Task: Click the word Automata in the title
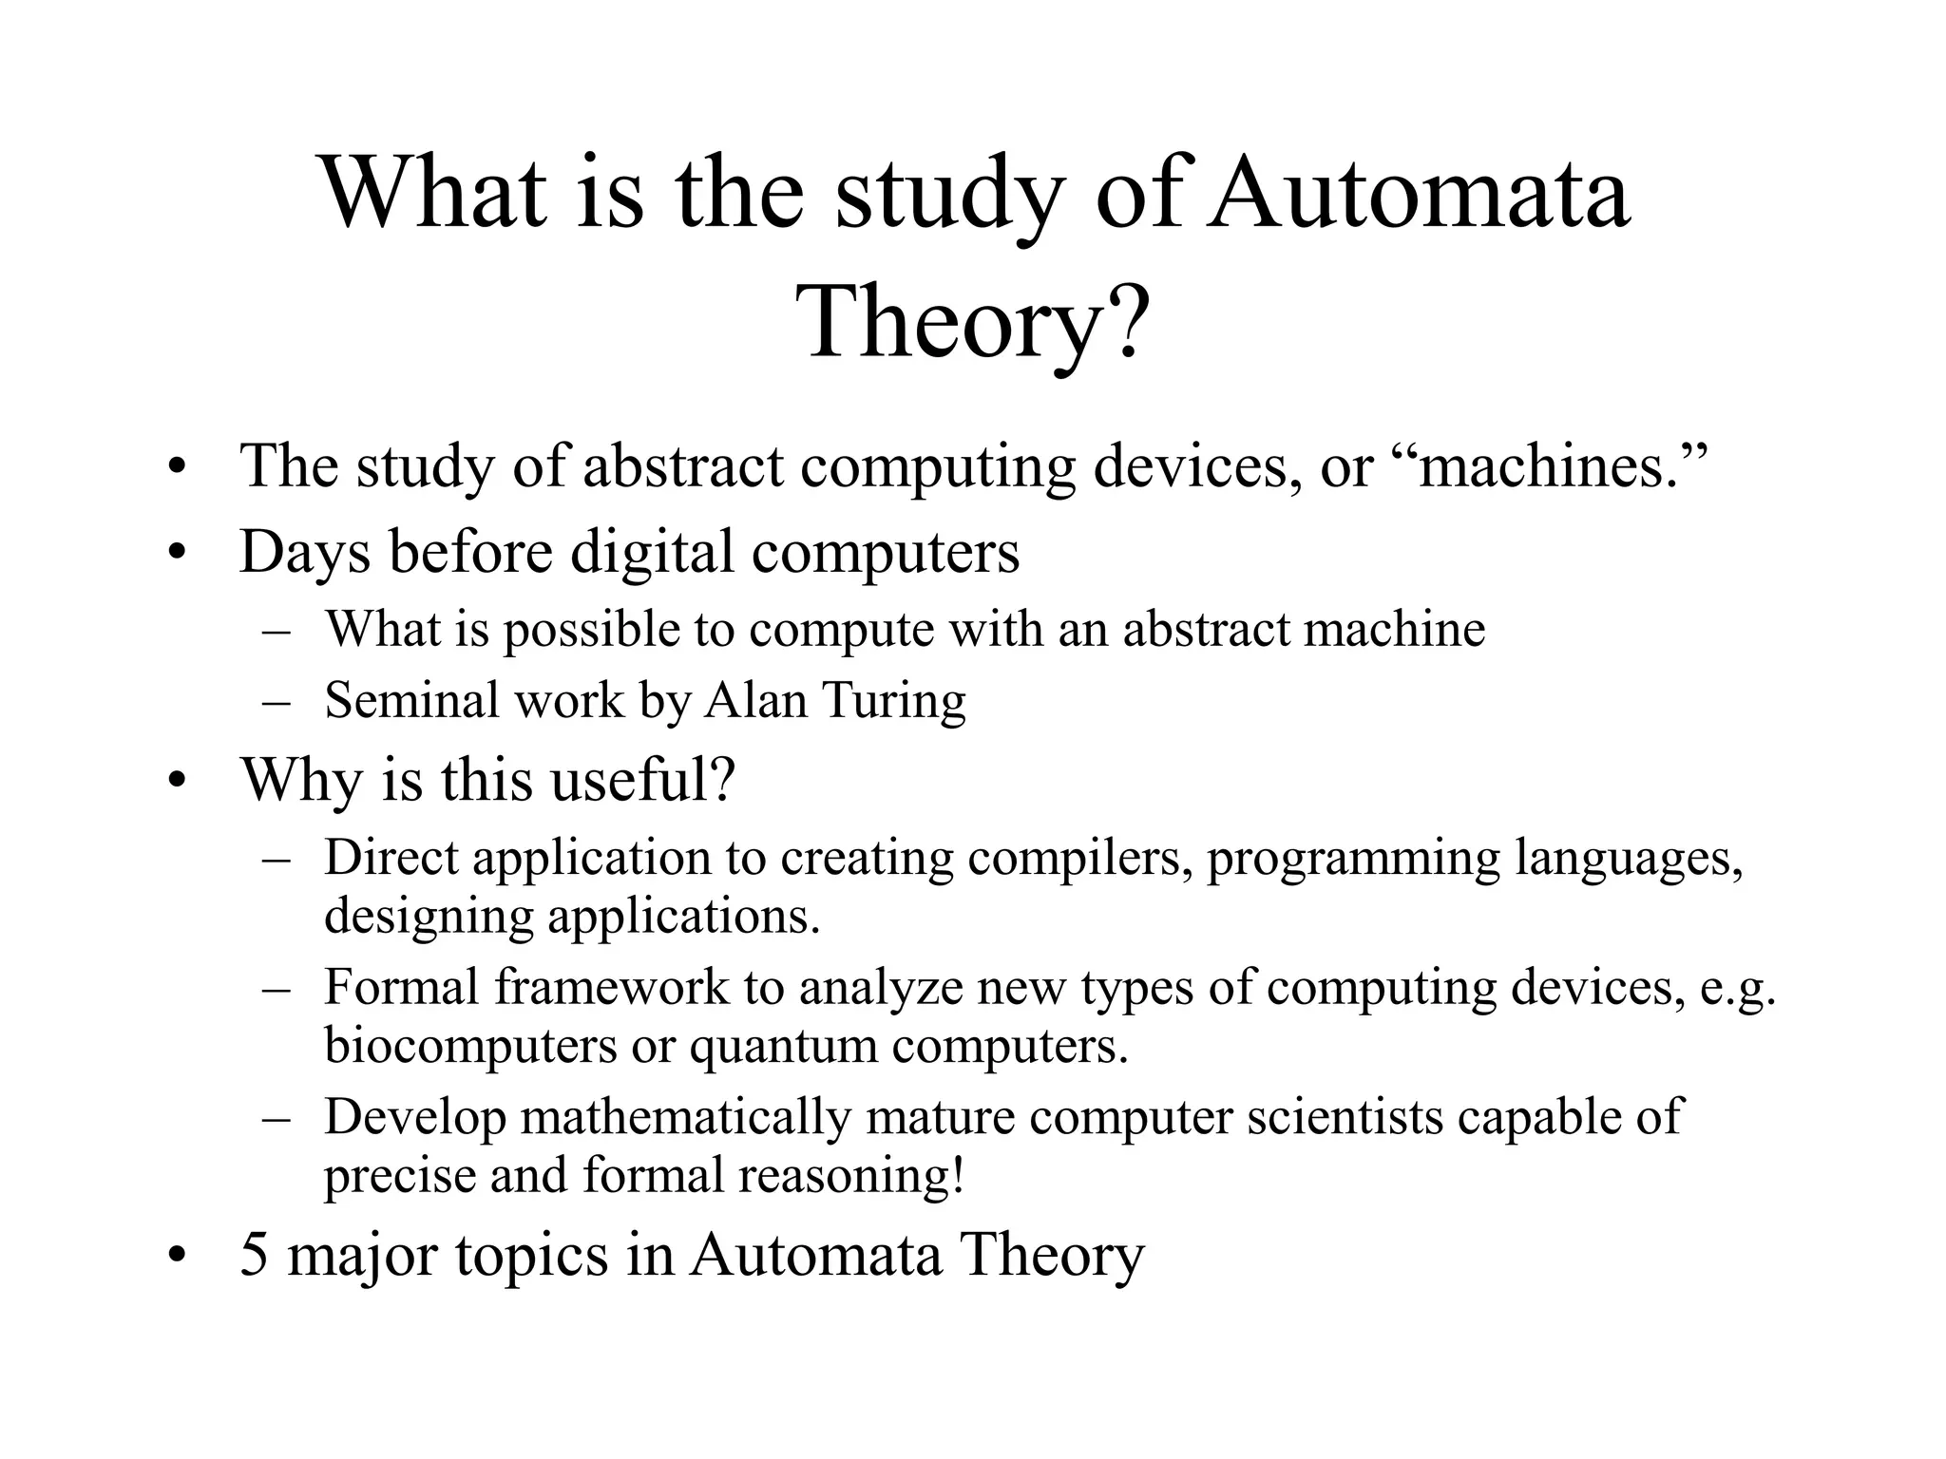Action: pyautogui.click(x=1419, y=195)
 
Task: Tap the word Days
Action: pyautogui.click(x=304, y=552)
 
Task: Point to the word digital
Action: pyautogui.click(x=652, y=552)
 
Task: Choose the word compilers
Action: pyautogui.click(x=1079, y=858)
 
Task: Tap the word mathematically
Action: pyautogui.click(x=685, y=1117)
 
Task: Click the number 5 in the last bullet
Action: pyautogui.click(x=254, y=1255)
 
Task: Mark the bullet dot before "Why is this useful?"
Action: pyautogui.click(x=175, y=782)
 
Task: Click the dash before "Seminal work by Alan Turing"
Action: pyautogui.click(x=276, y=703)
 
